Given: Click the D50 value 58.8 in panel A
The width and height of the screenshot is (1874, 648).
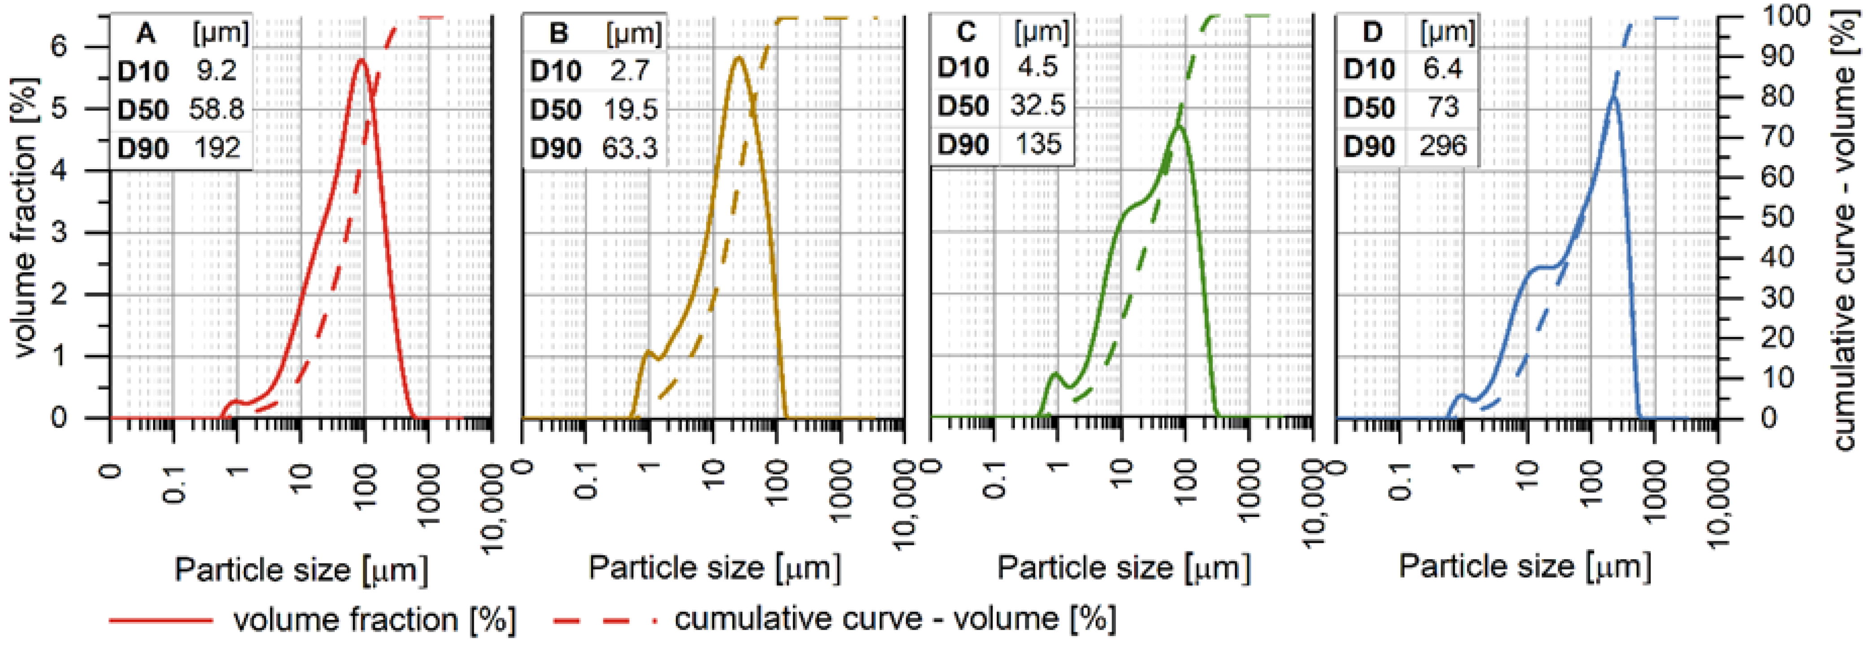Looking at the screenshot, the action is (217, 109).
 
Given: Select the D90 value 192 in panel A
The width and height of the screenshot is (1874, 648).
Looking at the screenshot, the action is (217, 148).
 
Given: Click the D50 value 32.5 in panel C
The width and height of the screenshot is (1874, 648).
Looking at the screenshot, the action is (1037, 106).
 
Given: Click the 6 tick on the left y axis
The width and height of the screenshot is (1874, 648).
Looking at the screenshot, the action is (59, 47).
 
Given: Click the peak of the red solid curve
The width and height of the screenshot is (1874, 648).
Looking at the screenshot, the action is (360, 60).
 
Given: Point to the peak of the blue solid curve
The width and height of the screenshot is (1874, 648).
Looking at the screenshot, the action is (1609, 97).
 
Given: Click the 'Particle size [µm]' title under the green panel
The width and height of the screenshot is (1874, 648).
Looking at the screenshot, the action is (1124, 567).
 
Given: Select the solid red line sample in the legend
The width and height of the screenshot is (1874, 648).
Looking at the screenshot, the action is (161, 620).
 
